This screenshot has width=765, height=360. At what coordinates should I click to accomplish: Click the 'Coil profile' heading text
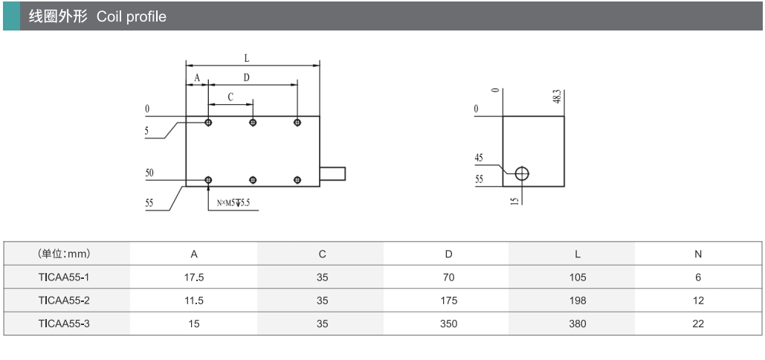pyautogui.click(x=132, y=16)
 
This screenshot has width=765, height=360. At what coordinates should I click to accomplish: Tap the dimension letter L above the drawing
pyautogui.click(x=246, y=57)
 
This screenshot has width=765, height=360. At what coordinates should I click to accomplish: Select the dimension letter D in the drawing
pyautogui.click(x=246, y=77)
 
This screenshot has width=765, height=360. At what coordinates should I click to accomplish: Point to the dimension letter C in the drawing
pyautogui.click(x=230, y=97)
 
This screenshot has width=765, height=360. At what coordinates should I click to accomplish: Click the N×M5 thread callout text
pyautogui.click(x=233, y=202)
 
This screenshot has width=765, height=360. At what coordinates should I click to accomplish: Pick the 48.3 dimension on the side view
pyautogui.click(x=557, y=97)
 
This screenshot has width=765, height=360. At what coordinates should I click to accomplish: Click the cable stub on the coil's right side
pyautogui.click(x=332, y=174)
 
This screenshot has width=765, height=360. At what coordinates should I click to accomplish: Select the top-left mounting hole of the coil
pyautogui.click(x=208, y=122)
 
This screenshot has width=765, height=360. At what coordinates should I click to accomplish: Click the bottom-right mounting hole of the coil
pyautogui.click(x=297, y=180)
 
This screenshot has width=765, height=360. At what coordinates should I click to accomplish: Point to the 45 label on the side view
pyautogui.click(x=480, y=157)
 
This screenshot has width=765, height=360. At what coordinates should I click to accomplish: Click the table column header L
pyautogui.click(x=577, y=254)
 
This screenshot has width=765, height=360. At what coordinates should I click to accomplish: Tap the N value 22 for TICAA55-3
pyautogui.click(x=697, y=324)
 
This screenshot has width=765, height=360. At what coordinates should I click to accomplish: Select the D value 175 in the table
pyautogui.click(x=448, y=300)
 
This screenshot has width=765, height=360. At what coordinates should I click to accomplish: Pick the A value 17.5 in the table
pyautogui.click(x=193, y=277)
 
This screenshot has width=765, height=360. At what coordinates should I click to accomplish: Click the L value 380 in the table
pyautogui.click(x=577, y=324)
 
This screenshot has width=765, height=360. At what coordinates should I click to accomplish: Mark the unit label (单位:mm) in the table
pyautogui.click(x=64, y=254)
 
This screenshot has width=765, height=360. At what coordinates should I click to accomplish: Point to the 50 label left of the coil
pyautogui.click(x=149, y=173)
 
